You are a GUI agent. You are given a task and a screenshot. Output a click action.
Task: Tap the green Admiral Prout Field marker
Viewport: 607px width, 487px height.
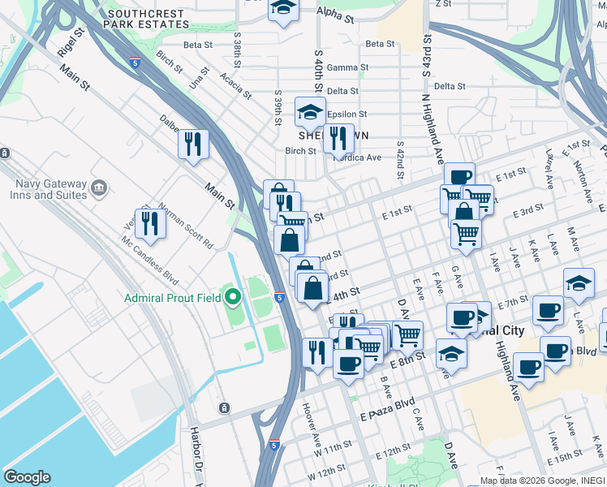click(234, 298)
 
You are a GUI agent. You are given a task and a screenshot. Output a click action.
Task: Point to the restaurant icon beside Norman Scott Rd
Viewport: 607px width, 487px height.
click(150, 222)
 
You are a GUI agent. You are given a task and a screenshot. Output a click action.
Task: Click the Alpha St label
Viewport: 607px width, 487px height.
click(335, 16)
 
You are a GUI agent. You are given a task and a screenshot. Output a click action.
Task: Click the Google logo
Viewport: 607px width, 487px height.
click(27, 476)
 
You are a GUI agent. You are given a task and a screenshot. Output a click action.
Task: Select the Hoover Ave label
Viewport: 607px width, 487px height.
click(312, 418)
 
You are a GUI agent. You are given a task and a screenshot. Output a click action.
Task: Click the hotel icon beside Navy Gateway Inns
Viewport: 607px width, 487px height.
click(100, 188)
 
